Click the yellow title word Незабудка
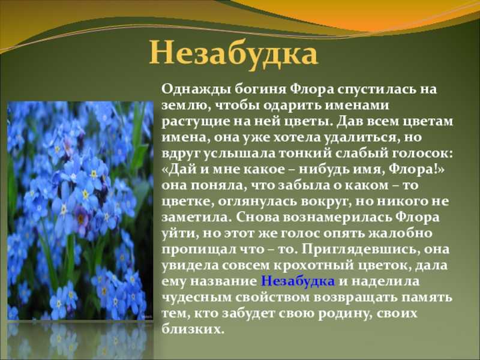[x=233, y=55]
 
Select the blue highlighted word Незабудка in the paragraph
[x=298, y=281]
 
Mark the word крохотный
[x=308, y=265]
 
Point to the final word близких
[x=191, y=329]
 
